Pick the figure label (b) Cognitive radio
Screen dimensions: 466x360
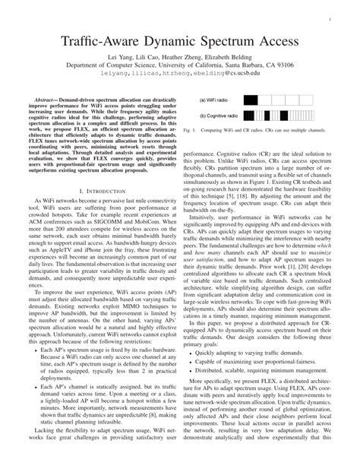[x=220, y=116]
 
